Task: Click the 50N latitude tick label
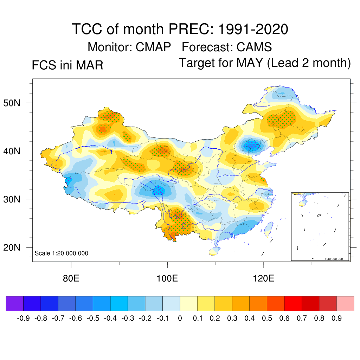(17, 103)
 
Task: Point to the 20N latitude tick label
(17, 247)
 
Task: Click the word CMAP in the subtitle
(154, 47)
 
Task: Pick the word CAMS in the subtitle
(254, 47)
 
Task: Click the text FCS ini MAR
(67, 65)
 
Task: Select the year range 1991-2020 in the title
(253, 29)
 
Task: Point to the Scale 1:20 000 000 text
(62, 253)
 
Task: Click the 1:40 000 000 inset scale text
(336, 259)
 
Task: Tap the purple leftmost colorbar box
(15, 303)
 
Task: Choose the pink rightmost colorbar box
(345, 303)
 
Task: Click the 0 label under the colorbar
(180, 319)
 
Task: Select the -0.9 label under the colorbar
(23, 319)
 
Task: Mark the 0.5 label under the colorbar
(267, 319)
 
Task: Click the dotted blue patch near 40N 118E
(252, 145)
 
